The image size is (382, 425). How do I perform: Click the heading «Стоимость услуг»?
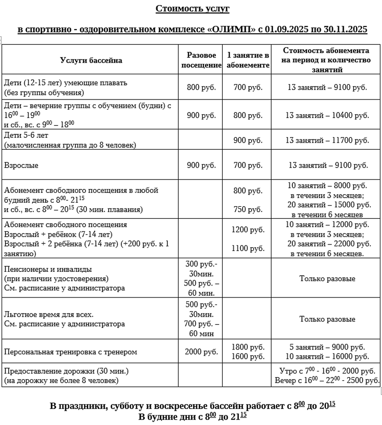click(x=192, y=9)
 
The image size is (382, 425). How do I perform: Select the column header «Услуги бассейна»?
click(x=91, y=60)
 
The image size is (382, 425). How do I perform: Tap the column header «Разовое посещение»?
click(x=201, y=60)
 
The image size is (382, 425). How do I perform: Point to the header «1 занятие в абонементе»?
click(x=248, y=60)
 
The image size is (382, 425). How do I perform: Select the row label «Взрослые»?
click(x=21, y=165)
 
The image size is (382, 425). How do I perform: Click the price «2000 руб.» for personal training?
click(x=201, y=352)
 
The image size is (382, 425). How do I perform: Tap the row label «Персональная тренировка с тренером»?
click(x=71, y=352)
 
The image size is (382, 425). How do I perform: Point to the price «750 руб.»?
click(x=248, y=210)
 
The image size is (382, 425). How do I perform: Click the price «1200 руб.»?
click(x=248, y=230)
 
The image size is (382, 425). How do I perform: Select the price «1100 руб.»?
click(x=248, y=248)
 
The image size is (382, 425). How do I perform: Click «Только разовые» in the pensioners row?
click(x=327, y=279)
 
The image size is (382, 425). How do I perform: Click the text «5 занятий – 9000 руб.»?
click(x=328, y=347)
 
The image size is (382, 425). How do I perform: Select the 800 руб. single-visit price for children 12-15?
click(x=201, y=88)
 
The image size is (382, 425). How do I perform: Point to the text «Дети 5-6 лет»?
click(x=26, y=135)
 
